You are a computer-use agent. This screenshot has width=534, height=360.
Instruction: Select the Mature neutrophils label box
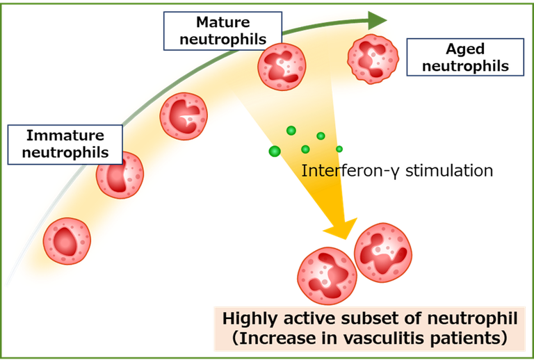[x=222, y=31]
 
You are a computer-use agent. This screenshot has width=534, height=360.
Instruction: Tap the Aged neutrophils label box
[x=464, y=58]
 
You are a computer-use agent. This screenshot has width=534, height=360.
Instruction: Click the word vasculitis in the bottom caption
[x=398, y=340]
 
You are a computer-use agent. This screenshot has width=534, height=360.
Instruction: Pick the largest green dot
[x=274, y=152]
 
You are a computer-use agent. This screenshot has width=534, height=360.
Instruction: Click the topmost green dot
[x=291, y=131]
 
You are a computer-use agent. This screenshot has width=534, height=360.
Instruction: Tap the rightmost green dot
[x=340, y=149]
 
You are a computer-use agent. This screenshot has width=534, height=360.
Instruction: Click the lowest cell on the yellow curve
[x=67, y=241]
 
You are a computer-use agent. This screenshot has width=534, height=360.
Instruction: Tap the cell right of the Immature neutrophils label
[x=120, y=174]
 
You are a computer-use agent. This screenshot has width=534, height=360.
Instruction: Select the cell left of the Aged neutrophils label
[x=373, y=58]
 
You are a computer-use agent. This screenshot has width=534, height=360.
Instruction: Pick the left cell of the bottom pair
[x=327, y=276]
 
